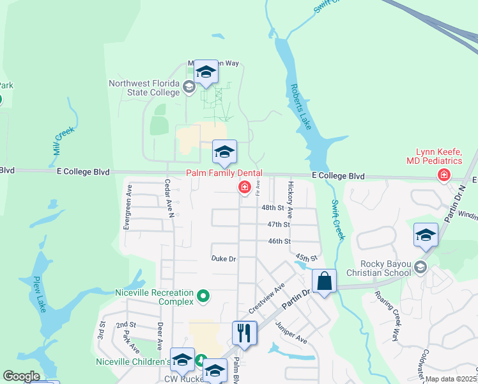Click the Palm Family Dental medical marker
coord(243,187)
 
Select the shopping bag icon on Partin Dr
coord(324,281)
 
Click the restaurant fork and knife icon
coord(244,333)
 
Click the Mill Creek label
coord(64,140)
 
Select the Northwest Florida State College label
coord(144,88)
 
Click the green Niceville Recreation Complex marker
coord(203,296)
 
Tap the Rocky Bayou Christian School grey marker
coord(420,266)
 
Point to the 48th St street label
coord(272,208)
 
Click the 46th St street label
coord(279,241)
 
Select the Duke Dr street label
coord(224,259)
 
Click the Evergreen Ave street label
coord(129,199)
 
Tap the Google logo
coord(21,376)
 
